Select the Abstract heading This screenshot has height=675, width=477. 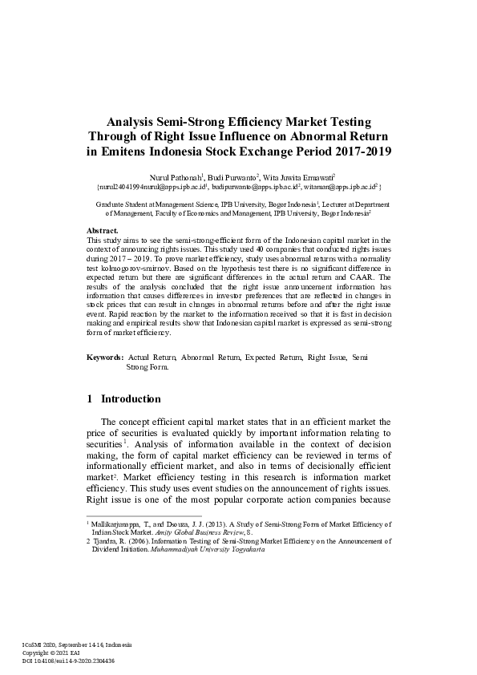click(102, 230)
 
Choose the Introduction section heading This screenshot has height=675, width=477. click(131, 398)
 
